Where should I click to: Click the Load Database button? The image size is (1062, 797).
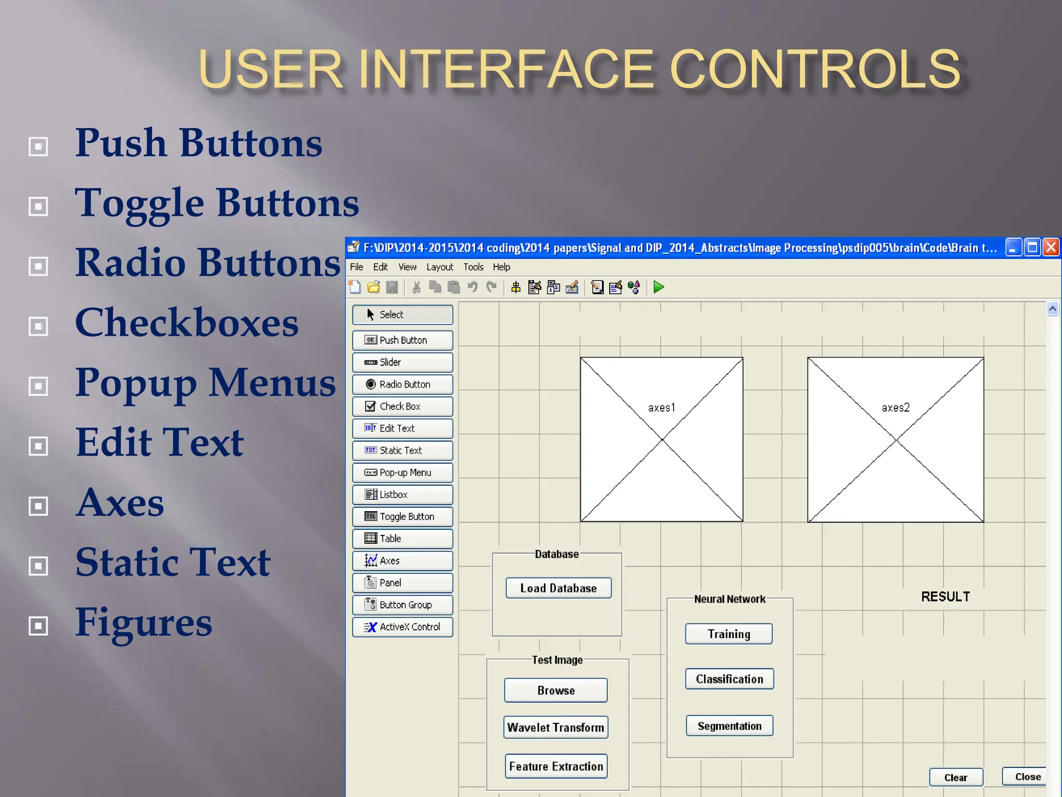558,588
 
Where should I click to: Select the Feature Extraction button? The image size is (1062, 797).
556,766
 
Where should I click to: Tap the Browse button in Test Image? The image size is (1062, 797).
556,690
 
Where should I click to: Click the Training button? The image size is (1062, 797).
729,634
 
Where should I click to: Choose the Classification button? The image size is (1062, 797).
729,679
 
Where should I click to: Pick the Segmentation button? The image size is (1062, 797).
729,726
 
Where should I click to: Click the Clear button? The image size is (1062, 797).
956,777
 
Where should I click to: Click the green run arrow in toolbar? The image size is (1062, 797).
659,287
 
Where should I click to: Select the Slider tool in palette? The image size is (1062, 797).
402,362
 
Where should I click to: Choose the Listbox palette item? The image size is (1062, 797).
402,494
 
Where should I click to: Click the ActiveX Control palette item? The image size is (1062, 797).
402,627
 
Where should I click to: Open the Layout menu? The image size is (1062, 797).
440,267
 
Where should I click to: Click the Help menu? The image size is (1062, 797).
501,267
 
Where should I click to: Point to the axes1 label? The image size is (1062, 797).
662,408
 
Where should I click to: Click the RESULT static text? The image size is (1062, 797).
945,597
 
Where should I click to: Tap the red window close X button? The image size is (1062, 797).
1051,248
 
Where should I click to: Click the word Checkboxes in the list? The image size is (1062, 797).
187,323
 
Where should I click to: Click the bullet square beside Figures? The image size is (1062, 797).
38,626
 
